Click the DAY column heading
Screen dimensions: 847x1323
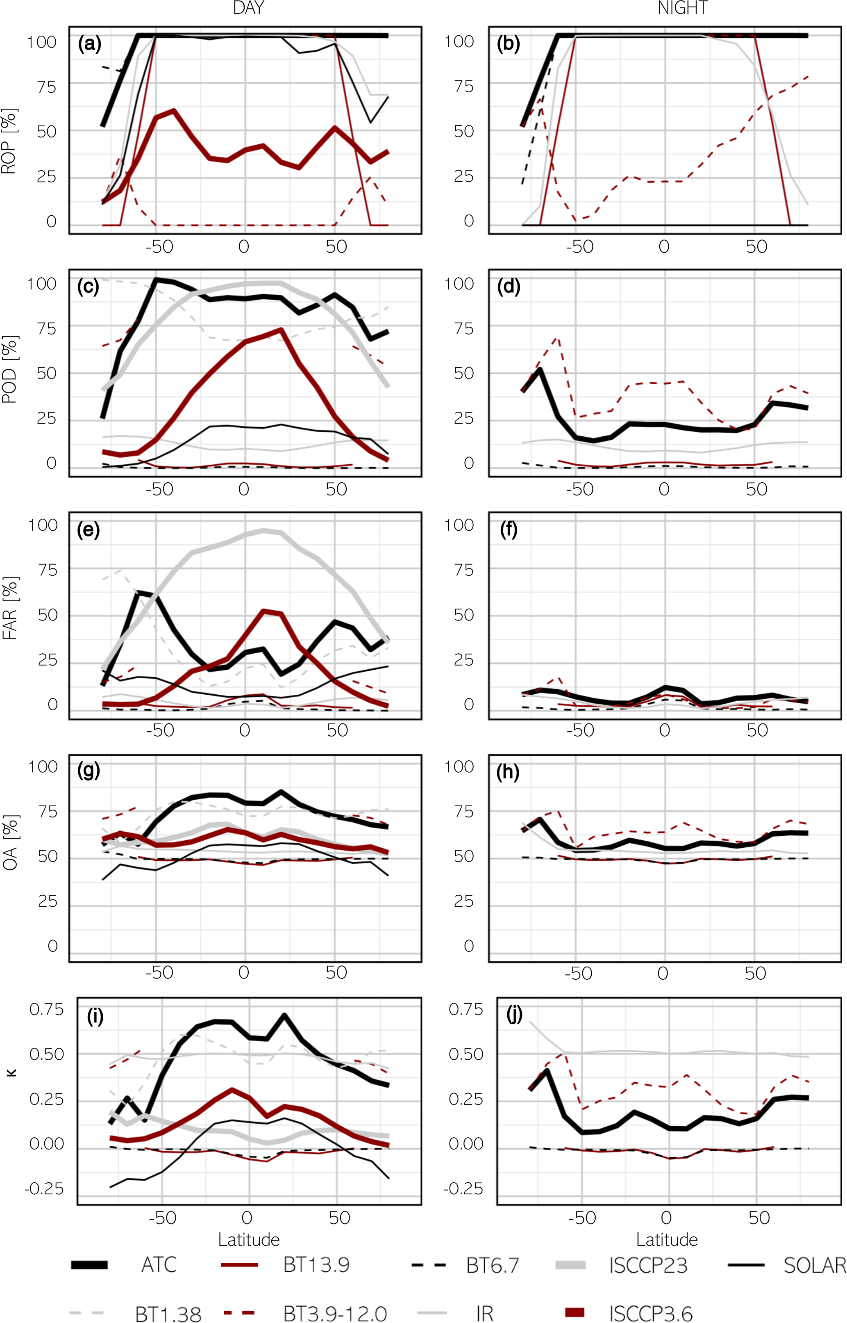(x=249, y=8)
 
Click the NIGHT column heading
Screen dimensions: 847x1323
(x=683, y=8)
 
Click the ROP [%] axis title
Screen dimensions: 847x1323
(x=9, y=141)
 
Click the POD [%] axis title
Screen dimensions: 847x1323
(x=9, y=369)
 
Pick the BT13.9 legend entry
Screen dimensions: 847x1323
(x=285, y=1265)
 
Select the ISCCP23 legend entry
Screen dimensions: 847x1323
(x=622, y=1265)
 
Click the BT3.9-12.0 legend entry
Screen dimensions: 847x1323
(x=306, y=1313)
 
